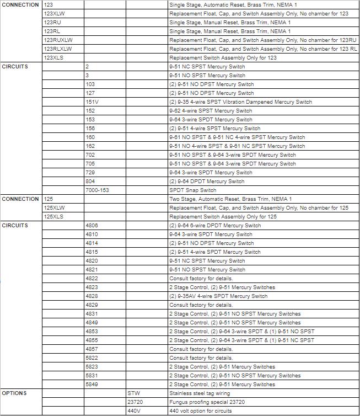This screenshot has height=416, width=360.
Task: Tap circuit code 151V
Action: [x=92, y=102]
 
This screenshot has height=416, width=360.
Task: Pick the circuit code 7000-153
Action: [x=97, y=190]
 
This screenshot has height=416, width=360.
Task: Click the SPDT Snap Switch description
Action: [x=193, y=190]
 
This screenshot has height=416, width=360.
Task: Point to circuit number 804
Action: [x=90, y=182]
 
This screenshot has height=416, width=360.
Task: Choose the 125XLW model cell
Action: [x=54, y=208]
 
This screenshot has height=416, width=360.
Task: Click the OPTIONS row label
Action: [x=14, y=393]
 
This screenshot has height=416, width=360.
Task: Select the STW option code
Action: [x=133, y=393]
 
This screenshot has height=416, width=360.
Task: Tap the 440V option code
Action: [x=134, y=411]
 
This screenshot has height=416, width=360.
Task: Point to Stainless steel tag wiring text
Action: [x=200, y=393]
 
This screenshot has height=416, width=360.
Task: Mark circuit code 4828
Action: [x=92, y=296]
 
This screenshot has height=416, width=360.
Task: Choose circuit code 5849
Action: [x=92, y=385]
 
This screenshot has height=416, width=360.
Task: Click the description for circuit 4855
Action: [x=241, y=340]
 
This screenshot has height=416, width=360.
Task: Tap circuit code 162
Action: [x=90, y=146]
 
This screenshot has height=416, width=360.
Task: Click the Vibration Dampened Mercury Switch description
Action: [x=240, y=102]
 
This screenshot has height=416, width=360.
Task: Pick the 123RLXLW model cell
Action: [x=58, y=49]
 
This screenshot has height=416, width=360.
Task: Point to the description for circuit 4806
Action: [x=215, y=226]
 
